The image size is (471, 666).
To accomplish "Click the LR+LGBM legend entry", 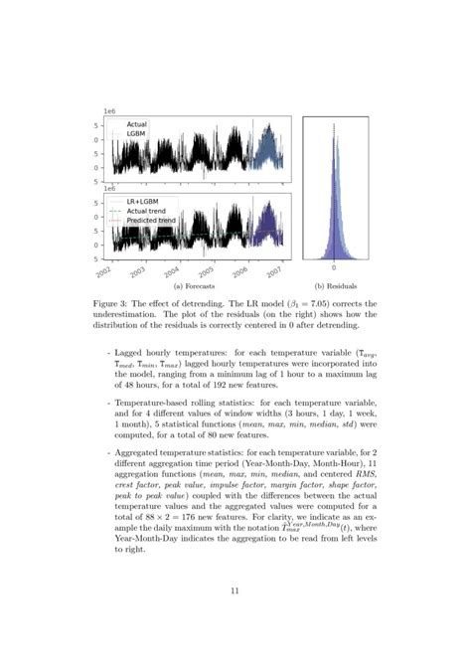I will click(x=144, y=201).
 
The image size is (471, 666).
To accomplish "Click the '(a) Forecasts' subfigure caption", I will click(x=195, y=285).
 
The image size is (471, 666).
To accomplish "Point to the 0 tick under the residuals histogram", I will click(x=334, y=268).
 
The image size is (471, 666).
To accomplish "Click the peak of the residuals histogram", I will click(x=334, y=129).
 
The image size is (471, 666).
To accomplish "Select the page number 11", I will click(x=235, y=590).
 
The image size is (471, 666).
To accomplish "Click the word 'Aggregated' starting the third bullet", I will click(x=141, y=452).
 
